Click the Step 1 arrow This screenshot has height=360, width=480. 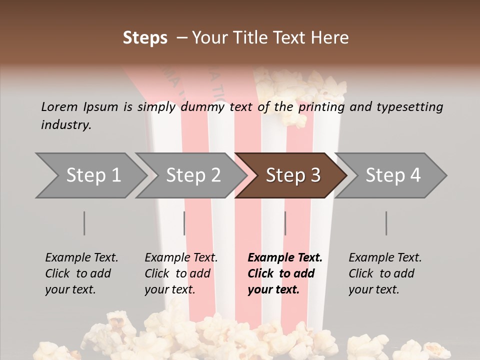coord(93,175)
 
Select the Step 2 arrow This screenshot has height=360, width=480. coord(193,175)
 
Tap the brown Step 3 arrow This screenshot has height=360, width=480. coord(293,175)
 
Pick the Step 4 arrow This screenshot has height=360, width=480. coord(393,175)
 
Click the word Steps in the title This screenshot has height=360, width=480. coord(145,38)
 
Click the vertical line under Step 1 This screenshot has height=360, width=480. coord(84,223)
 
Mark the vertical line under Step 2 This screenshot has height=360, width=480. coord(184,223)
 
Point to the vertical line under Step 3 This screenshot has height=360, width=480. coord(285,223)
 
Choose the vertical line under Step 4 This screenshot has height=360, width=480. coord(386,223)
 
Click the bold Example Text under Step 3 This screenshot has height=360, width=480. coord(285,258)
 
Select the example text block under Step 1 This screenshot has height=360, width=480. coord(81,273)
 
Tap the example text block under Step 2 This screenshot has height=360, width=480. coord(181,273)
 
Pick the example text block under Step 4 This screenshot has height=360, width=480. coord(385,273)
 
